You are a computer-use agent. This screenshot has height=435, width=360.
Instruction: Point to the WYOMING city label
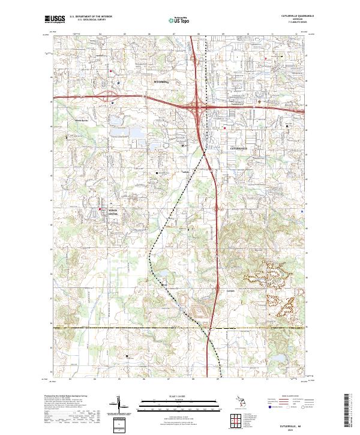[x=162, y=80]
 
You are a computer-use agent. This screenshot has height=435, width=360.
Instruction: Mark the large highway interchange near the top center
[x=197, y=107]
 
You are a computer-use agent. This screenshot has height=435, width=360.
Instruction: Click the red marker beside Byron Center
[x=100, y=209]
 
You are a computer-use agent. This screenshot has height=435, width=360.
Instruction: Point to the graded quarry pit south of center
[x=200, y=311]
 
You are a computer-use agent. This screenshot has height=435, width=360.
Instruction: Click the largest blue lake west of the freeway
[x=136, y=132]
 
